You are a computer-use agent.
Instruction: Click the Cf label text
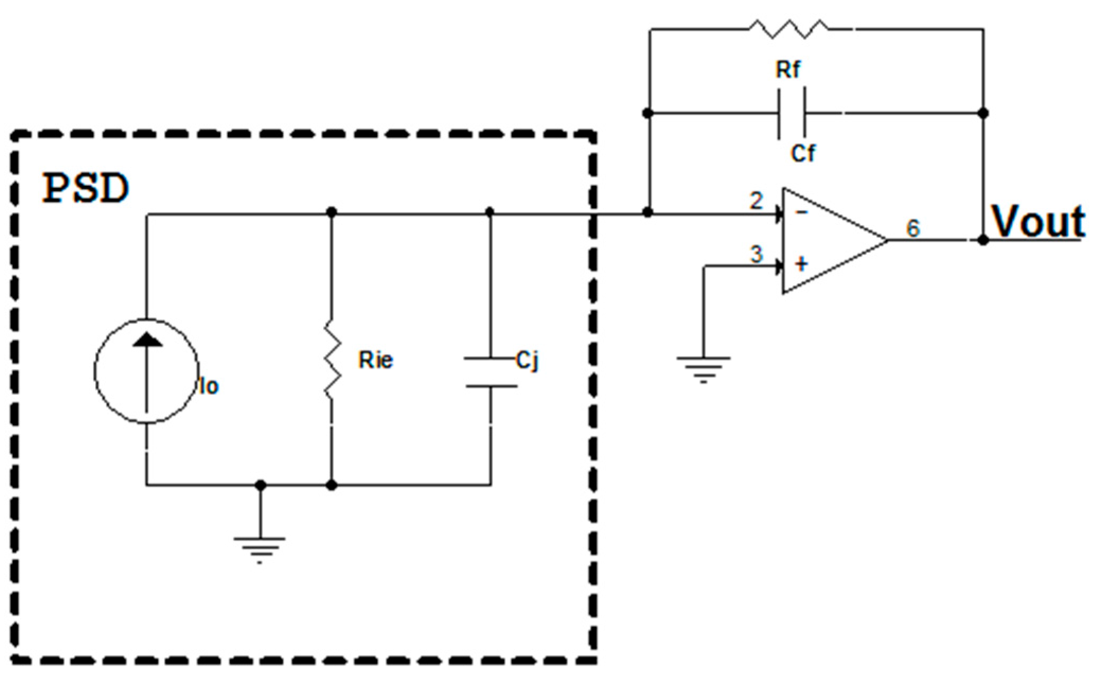coord(803,154)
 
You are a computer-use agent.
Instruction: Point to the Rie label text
coord(375,360)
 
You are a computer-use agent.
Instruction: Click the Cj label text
coord(527,362)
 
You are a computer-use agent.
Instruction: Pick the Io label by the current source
coord(209,387)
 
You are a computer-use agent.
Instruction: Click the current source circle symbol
coord(147,371)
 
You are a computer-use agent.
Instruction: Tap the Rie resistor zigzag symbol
coord(332,359)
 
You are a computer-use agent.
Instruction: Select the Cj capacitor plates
coord(491,372)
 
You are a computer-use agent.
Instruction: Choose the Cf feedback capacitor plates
coord(792,113)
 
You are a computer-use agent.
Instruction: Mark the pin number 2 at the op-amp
coord(756,201)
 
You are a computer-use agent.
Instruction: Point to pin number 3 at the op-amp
coord(756,254)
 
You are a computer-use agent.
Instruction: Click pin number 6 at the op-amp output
coord(913,228)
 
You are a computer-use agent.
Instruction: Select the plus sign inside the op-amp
coord(801,263)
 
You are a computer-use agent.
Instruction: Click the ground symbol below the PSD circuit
coord(259,548)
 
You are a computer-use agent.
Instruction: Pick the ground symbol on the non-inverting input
coord(703,368)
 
